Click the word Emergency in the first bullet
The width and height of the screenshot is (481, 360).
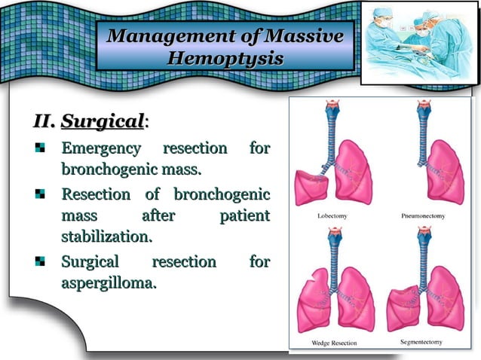pyautogui.click(x=101, y=148)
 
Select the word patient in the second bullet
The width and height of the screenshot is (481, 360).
pyautogui.click(x=244, y=216)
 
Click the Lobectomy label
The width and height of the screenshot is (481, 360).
pyautogui.click(x=329, y=216)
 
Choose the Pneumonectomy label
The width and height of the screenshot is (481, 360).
pyautogui.click(x=423, y=216)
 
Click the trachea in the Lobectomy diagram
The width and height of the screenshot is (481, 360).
pyautogui.click(x=329, y=128)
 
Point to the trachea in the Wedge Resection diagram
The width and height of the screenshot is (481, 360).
pyautogui.click(x=329, y=252)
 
